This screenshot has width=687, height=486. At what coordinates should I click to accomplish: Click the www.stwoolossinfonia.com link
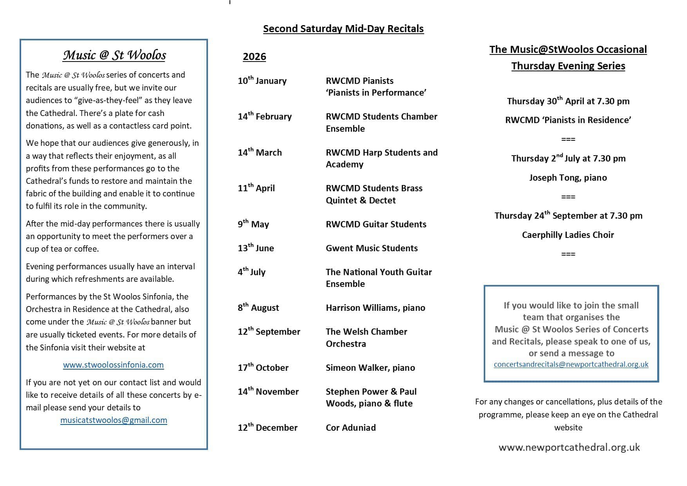[113, 365]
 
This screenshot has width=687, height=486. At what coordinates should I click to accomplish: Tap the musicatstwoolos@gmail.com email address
[114, 420]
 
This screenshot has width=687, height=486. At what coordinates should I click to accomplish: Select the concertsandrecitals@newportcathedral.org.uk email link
[571, 364]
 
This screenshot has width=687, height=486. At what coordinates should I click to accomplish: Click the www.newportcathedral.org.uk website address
[569, 447]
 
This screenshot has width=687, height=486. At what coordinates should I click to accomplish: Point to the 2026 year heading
[254, 57]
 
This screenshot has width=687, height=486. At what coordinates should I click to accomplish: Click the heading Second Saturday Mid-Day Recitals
[343, 29]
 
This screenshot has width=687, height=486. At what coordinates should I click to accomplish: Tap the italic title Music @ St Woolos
[114, 55]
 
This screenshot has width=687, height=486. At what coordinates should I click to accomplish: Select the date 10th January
[262, 81]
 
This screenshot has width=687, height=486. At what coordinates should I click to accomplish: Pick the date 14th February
[264, 116]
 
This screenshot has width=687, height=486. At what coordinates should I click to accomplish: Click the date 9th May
[253, 224]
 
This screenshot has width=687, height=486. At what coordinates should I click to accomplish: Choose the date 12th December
[268, 428]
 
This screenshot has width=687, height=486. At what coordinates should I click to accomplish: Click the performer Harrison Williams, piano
[375, 308]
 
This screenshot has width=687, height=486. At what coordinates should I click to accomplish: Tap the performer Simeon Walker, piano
[370, 368]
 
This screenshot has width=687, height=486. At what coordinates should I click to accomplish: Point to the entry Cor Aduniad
[351, 428]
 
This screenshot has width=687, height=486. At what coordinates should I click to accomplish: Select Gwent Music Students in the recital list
[372, 248]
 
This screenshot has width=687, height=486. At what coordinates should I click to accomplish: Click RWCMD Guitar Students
[376, 224]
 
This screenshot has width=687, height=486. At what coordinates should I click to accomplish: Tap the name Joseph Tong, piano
[568, 178]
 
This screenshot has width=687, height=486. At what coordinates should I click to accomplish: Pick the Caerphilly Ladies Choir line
[568, 235]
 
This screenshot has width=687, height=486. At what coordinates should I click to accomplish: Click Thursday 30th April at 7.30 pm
[568, 101]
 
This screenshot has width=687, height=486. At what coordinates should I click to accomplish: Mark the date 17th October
[263, 368]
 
